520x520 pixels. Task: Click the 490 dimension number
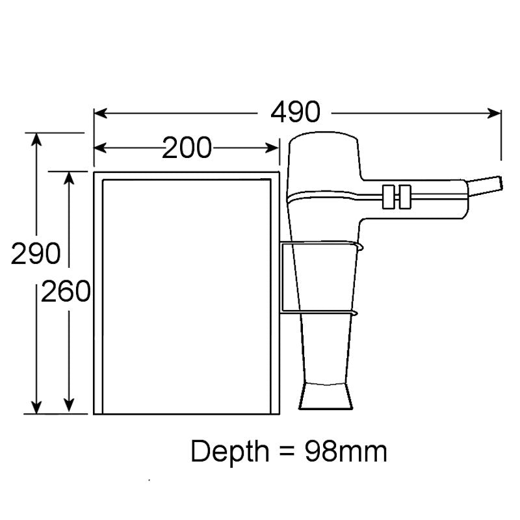tap(296, 113)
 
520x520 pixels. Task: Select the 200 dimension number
tap(187, 149)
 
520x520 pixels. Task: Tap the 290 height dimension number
tap(36, 253)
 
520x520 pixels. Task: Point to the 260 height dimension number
tap(66, 292)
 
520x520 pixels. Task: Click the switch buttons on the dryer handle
tap(397, 196)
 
